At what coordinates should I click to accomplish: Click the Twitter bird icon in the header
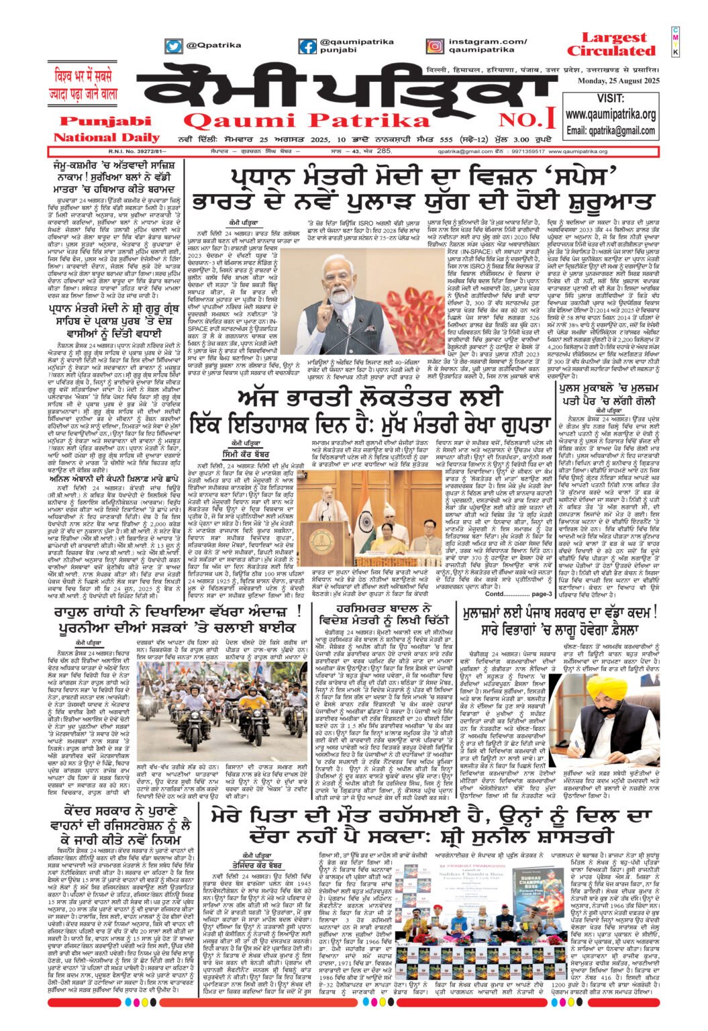(174, 46)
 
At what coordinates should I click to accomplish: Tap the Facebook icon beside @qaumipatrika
(307, 46)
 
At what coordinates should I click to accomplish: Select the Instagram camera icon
(435, 46)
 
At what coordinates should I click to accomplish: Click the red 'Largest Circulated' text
(611, 44)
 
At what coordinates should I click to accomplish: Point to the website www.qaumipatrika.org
(610, 115)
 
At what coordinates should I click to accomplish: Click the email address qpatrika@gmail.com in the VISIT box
(610, 130)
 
